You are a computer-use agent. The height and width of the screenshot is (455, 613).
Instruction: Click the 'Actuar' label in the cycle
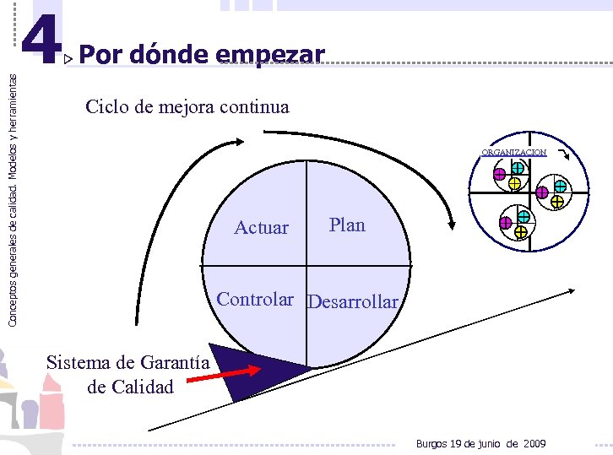coord(261,227)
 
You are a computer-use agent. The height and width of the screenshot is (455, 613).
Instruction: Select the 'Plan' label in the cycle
coord(347,225)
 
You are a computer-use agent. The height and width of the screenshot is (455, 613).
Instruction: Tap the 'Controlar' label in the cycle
coord(255,299)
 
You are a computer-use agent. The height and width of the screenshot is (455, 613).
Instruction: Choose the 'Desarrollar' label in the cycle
coord(353,301)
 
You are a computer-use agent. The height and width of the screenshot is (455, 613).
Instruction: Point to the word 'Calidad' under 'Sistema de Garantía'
coord(142,387)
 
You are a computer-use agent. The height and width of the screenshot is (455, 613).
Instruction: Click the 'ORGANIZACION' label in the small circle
coord(513,153)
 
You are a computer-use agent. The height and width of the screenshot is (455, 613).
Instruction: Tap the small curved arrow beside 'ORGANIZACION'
coord(564,154)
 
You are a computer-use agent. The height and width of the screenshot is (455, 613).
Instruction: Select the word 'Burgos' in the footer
coord(433,444)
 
